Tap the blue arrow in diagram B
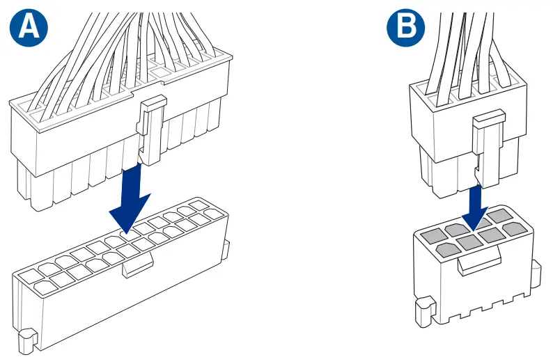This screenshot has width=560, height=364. [x=476, y=205]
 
